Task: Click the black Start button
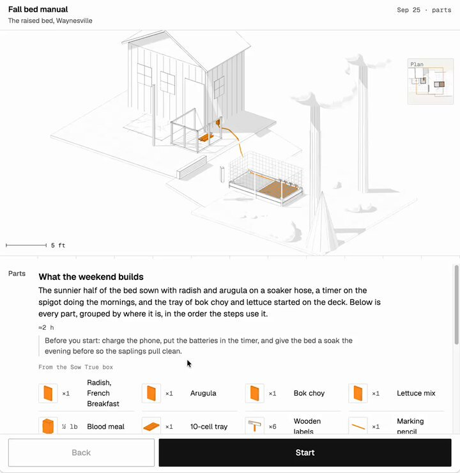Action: pos(305,453)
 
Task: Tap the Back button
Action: pos(81,453)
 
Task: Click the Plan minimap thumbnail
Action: pos(430,81)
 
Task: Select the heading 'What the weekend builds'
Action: pos(91,277)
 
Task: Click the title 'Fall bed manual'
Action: pos(38,10)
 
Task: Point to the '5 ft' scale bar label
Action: pos(58,245)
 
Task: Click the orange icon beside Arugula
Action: pos(151,393)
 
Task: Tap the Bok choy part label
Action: pos(309,393)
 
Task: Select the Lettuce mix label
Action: pos(416,393)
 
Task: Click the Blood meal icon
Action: pos(48,426)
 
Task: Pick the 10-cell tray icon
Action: pos(151,426)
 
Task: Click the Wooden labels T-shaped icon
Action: pos(254,426)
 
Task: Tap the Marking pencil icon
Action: pos(358,426)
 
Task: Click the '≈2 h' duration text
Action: pos(46,328)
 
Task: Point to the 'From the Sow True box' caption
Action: pos(75,367)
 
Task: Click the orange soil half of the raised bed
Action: pos(278,189)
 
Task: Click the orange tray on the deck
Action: pos(206,138)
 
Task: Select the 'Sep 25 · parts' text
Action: pos(424,10)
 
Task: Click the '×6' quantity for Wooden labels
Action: pos(273,426)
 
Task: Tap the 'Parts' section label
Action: pos(17,274)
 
